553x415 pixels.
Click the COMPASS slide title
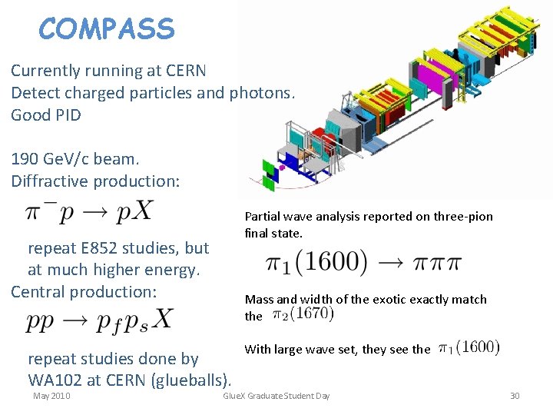(x=107, y=29)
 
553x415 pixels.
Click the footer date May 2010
(x=51, y=396)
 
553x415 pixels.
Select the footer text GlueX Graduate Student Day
(x=276, y=396)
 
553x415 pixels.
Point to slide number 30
(x=515, y=396)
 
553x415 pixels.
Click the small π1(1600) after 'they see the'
(x=469, y=348)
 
